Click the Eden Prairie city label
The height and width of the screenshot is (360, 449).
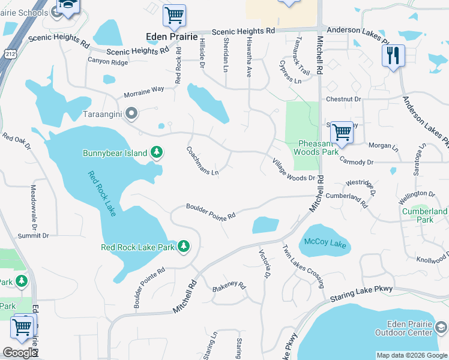(172, 37)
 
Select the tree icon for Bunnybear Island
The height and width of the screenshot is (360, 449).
(157, 152)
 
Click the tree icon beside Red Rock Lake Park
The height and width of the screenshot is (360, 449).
(184, 247)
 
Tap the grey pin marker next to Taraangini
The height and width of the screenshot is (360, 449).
(132, 113)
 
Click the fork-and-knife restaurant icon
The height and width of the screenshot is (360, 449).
(393, 56)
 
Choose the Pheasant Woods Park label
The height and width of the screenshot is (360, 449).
(316, 148)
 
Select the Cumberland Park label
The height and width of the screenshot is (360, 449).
(425, 216)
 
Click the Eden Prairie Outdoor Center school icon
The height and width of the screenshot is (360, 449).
(442, 327)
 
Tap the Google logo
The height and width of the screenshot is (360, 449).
(20, 353)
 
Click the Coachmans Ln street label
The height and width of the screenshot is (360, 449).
(202, 161)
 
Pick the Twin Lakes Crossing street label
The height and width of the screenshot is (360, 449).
(303, 265)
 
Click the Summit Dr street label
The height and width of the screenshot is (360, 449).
(34, 236)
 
